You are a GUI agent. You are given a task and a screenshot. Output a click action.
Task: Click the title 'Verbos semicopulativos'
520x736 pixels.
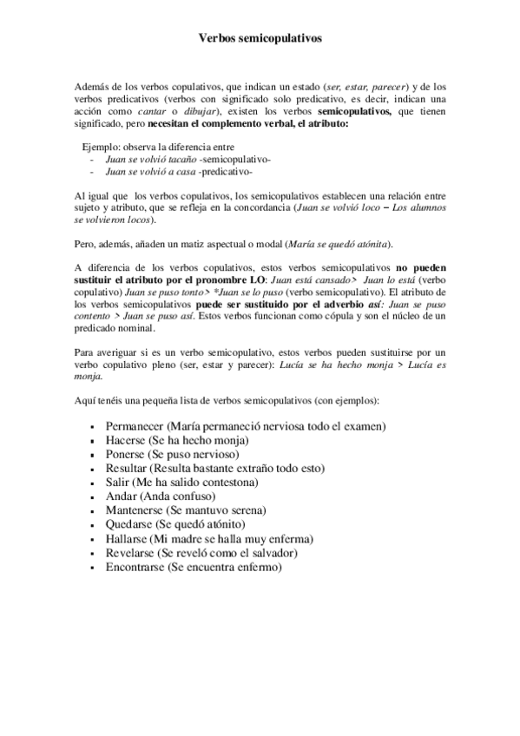point(260,39)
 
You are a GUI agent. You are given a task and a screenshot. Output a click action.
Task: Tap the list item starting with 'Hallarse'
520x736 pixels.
point(209,538)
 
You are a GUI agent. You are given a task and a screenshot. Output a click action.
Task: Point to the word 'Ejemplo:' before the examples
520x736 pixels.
point(102,148)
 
